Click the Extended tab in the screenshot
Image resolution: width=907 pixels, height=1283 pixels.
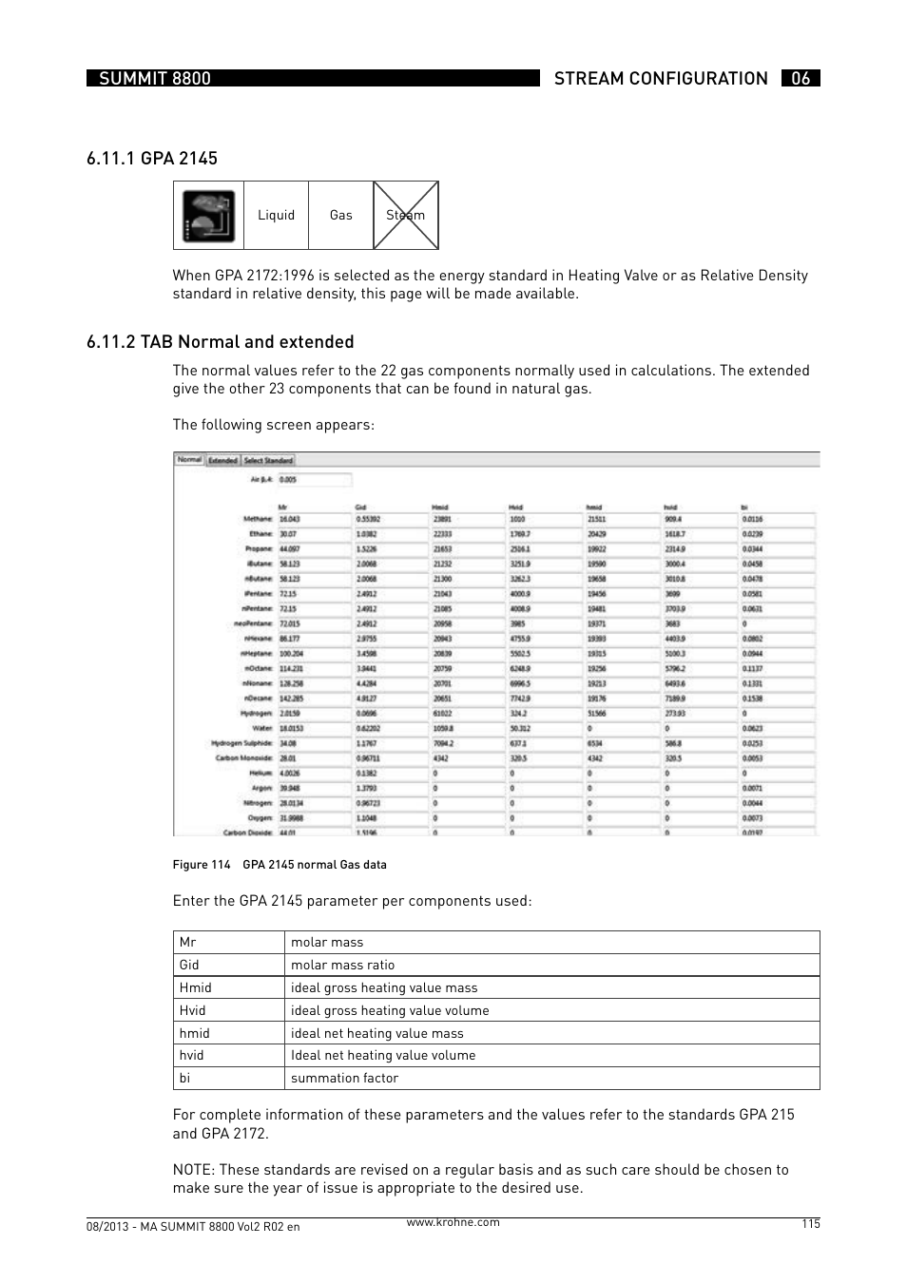(x=222, y=460)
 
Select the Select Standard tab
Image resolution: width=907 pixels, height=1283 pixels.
(x=268, y=460)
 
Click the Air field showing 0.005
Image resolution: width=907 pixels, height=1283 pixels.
(x=314, y=480)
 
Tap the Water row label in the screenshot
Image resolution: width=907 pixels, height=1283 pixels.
(x=261, y=729)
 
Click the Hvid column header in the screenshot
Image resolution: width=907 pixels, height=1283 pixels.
(x=517, y=507)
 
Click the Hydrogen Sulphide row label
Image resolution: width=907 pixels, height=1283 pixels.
(x=241, y=743)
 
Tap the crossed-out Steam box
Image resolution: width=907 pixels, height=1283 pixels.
(x=406, y=216)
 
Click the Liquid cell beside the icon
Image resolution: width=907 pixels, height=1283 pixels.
(x=277, y=216)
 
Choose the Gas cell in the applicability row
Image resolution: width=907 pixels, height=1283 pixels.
(x=341, y=216)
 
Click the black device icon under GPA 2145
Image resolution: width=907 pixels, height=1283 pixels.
(x=209, y=216)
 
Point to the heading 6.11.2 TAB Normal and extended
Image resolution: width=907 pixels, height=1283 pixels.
(x=220, y=342)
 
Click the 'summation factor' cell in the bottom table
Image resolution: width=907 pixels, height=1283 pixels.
(x=344, y=1079)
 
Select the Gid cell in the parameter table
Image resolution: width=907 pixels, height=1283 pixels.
(x=189, y=965)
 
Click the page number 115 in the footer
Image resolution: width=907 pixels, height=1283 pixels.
(x=809, y=1224)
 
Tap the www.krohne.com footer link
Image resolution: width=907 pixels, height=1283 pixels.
(x=453, y=1223)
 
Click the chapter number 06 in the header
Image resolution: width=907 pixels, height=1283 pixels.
(x=801, y=79)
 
